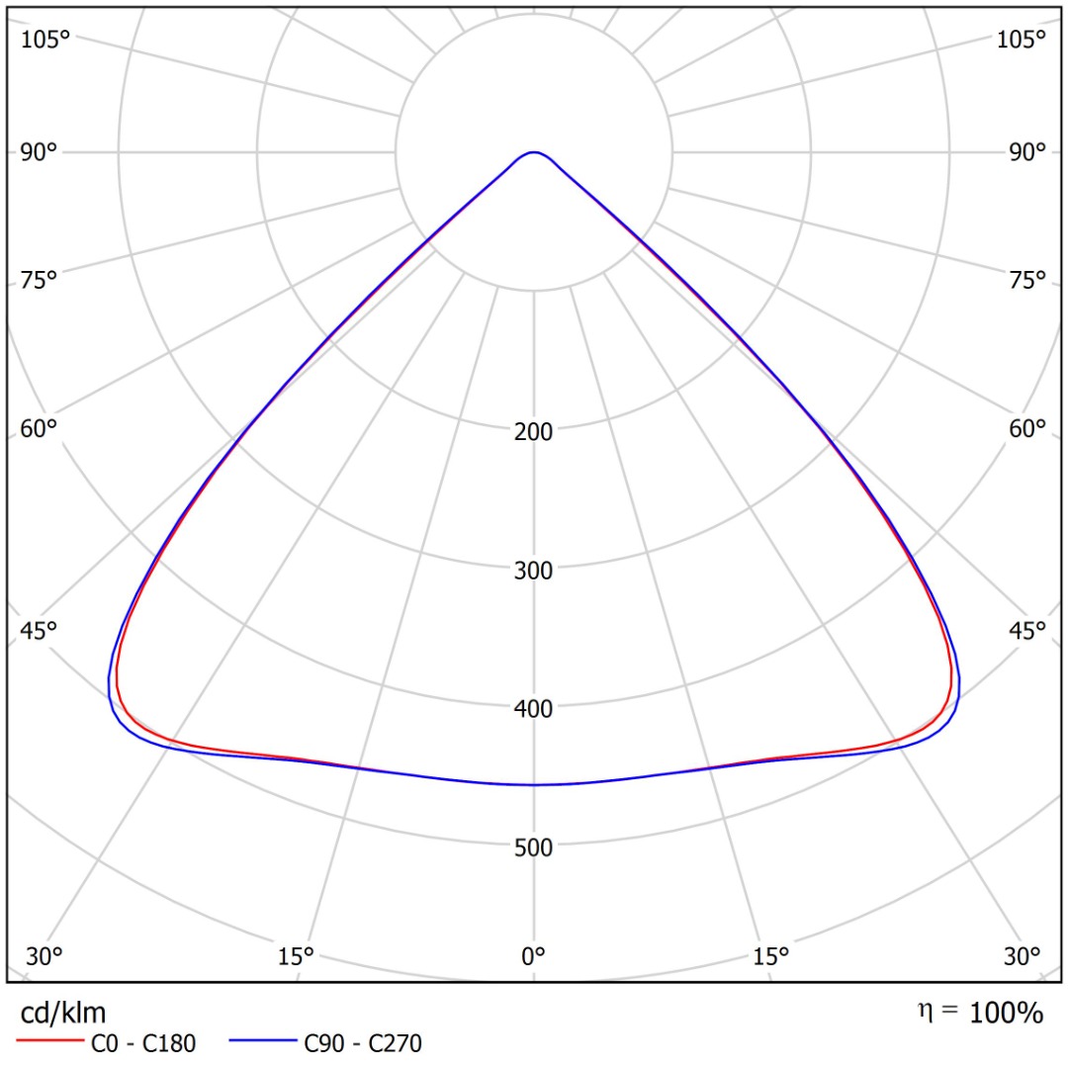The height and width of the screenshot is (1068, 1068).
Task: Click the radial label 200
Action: (x=534, y=431)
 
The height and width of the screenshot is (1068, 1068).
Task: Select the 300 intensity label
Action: (x=534, y=570)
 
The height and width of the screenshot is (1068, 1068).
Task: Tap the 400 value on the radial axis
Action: (x=534, y=708)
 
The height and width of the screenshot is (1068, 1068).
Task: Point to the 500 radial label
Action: (x=534, y=846)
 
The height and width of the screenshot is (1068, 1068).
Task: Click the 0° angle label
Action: (x=534, y=956)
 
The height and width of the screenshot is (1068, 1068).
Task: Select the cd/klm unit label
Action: (x=63, y=1013)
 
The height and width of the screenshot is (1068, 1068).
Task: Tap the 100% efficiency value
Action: (x=1006, y=1013)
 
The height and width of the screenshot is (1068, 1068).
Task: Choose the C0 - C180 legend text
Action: (x=143, y=1043)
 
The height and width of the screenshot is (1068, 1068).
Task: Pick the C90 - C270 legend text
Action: (x=363, y=1043)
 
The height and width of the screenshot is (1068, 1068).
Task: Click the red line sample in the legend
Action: (x=48, y=1042)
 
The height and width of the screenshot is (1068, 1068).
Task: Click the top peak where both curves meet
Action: (x=534, y=152)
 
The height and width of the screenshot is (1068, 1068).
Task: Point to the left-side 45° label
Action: (x=40, y=631)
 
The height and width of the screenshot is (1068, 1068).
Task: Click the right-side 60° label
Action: (x=1027, y=429)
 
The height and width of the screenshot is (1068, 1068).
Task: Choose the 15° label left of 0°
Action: (x=296, y=956)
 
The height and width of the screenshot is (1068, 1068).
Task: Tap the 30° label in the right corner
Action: (x=1022, y=956)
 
